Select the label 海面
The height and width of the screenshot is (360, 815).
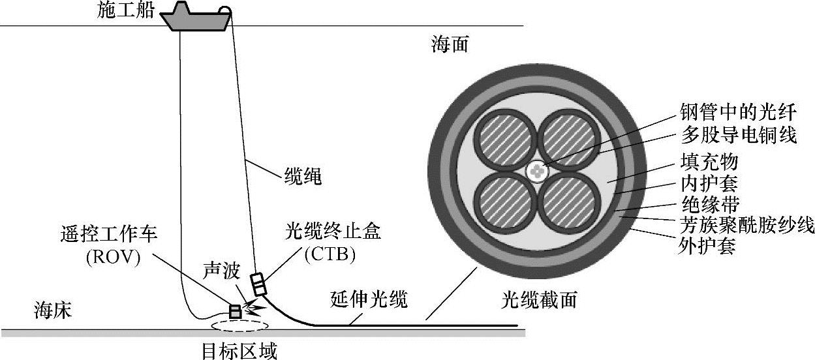450,45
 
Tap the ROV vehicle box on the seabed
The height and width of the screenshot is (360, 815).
235,311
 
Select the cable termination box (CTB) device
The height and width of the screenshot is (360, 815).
260,285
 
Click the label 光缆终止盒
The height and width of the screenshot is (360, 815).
333,232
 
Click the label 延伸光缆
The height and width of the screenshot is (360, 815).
366,301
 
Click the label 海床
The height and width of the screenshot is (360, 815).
54,311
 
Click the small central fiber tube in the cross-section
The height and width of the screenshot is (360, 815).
537,172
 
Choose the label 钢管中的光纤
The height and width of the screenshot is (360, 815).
731,112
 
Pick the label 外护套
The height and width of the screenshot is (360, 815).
709,247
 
